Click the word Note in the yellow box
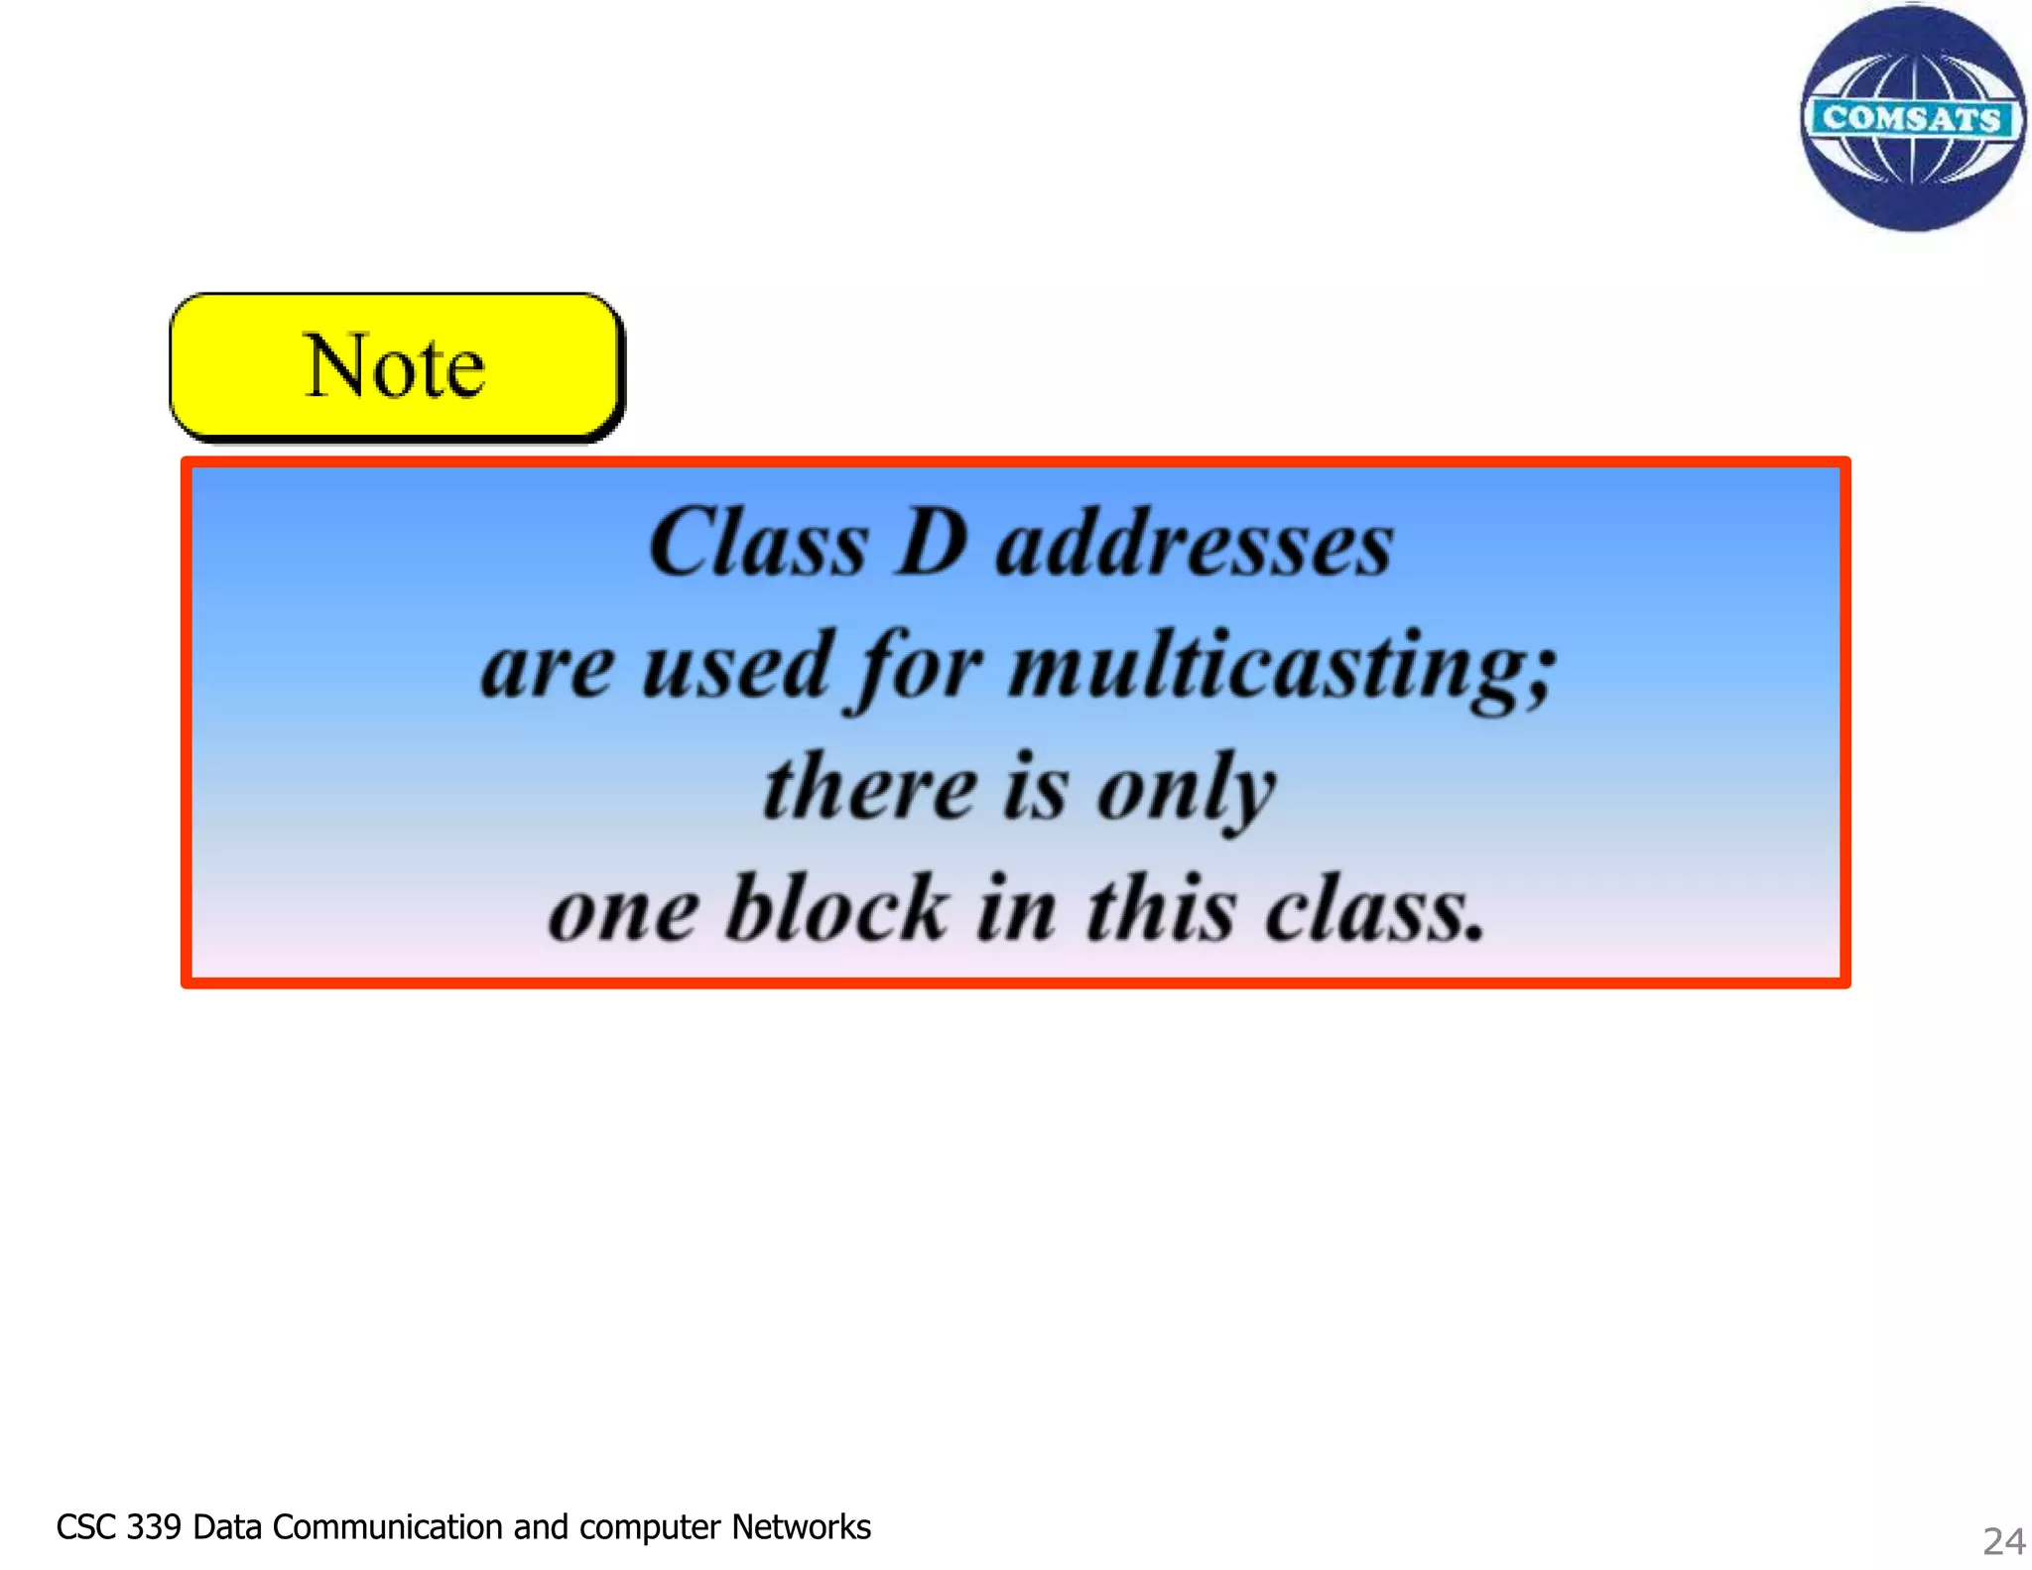[x=395, y=366]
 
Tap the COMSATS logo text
[x=1912, y=118]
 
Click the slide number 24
[x=2003, y=1541]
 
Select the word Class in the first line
[x=758, y=543]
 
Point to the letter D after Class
[x=932, y=543]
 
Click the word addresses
[x=1195, y=545]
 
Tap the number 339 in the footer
[x=154, y=1527]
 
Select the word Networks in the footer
[x=801, y=1527]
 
